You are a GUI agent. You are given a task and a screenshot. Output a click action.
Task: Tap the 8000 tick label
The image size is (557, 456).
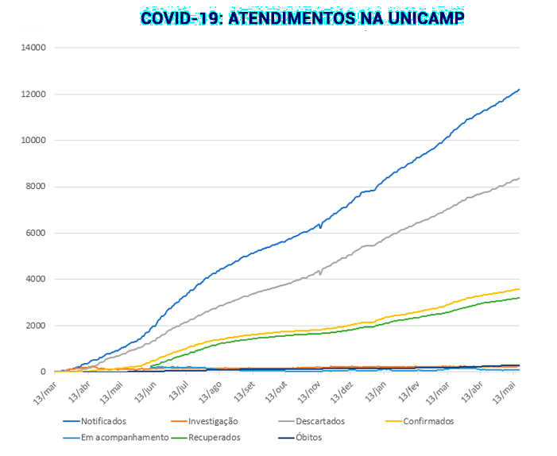click(x=37, y=187)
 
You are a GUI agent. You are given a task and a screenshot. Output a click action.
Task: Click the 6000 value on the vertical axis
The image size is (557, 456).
click(x=37, y=233)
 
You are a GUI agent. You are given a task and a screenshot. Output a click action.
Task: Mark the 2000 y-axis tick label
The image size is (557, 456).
click(x=37, y=326)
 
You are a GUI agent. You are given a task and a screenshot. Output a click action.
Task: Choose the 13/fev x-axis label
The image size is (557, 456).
click(x=408, y=392)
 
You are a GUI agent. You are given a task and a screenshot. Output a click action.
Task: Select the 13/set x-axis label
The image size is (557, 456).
click(x=243, y=392)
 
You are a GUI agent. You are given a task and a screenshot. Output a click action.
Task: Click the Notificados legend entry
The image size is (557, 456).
click(x=103, y=421)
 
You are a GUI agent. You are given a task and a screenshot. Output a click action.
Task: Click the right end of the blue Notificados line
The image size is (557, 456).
click(x=519, y=90)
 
